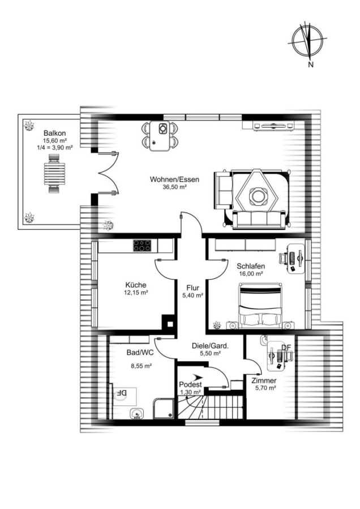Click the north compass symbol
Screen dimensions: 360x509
click(307, 41)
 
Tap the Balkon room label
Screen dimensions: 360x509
click(54, 133)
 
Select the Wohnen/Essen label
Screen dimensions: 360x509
click(174, 179)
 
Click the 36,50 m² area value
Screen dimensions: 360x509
click(174, 187)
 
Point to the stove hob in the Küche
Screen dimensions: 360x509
click(142, 245)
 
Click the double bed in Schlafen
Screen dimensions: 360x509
click(260, 305)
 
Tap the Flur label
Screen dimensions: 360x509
click(192, 288)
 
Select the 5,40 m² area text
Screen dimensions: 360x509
click(192, 295)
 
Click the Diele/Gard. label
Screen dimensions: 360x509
click(210, 346)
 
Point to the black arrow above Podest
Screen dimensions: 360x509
click(198, 377)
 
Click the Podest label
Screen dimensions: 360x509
click(190, 385)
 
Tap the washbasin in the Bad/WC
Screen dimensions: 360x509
click(137, 413)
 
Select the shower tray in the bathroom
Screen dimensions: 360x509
click(164, 408)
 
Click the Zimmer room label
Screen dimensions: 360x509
click(264, 381)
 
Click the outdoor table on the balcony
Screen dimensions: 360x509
click(54, 174)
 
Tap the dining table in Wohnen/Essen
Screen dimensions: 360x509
click(160, 136)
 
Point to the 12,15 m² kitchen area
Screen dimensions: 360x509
click(137, 292)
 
